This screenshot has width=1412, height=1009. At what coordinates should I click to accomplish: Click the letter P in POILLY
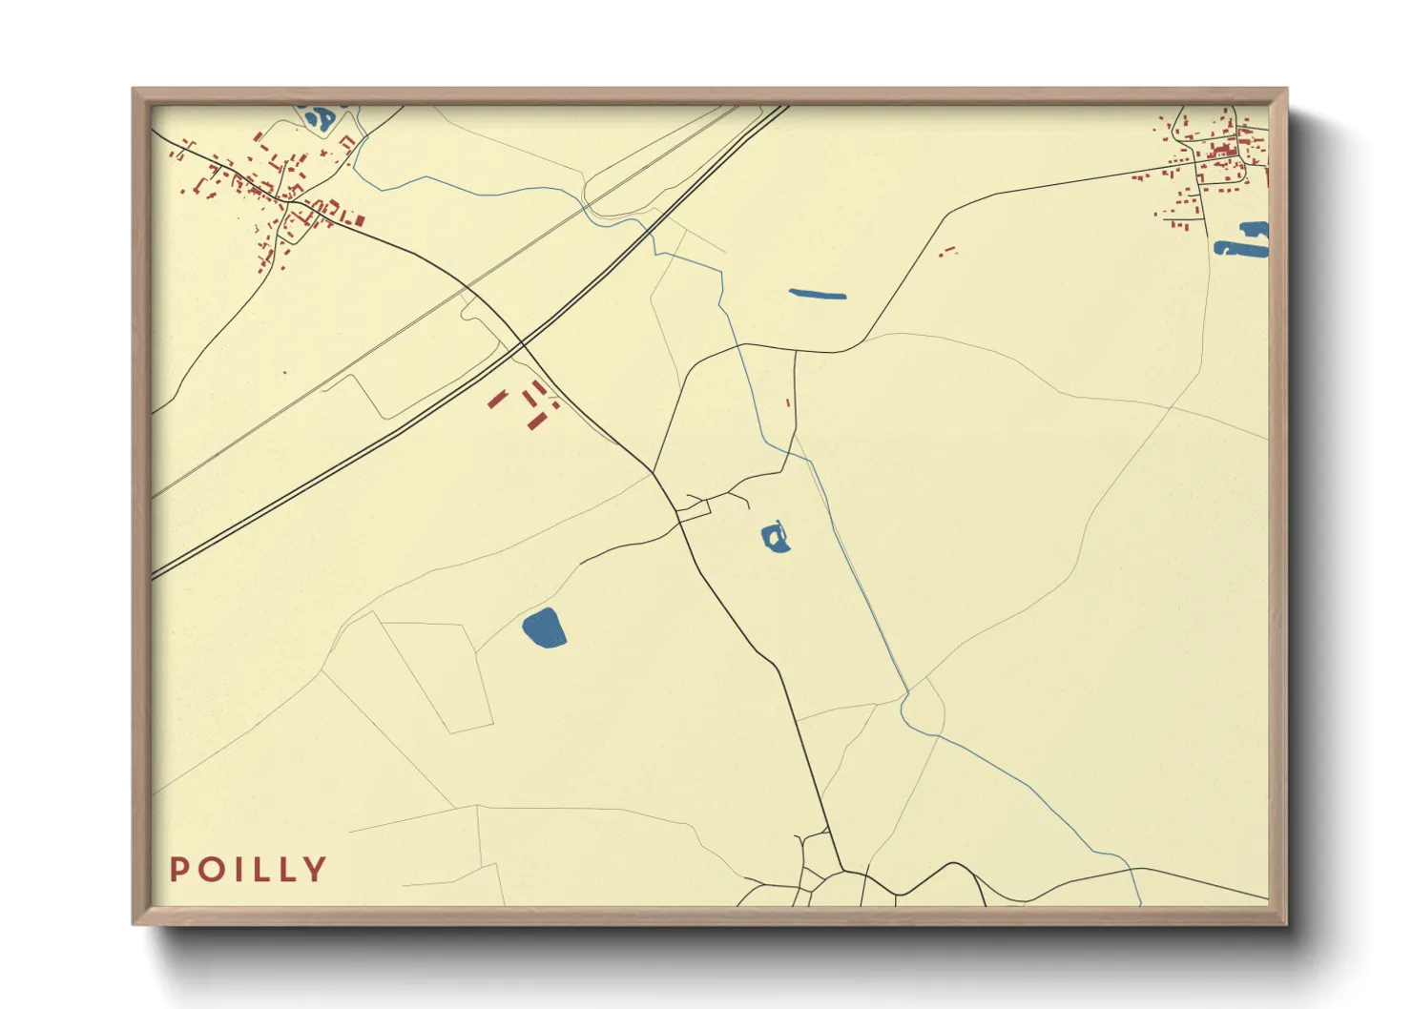coord(178,870)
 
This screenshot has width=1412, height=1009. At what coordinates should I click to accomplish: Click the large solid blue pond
coord(544,629)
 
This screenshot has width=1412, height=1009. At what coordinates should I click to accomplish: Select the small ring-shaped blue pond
coord(775,538)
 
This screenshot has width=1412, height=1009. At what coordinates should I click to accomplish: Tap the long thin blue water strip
coord(818,294)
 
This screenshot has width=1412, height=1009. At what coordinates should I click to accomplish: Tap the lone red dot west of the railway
coord(284,373)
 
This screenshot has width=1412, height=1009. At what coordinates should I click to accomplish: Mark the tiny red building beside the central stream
coord(788,402)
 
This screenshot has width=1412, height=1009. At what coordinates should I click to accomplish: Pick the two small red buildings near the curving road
coord(947,252)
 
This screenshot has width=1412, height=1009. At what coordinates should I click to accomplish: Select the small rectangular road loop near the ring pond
coord(694,511)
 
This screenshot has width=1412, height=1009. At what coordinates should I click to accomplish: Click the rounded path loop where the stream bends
coord(922,707)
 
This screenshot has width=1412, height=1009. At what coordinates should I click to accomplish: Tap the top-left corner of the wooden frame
coord(135,92)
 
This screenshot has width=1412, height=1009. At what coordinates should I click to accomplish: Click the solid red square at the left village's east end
coord(360,220)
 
